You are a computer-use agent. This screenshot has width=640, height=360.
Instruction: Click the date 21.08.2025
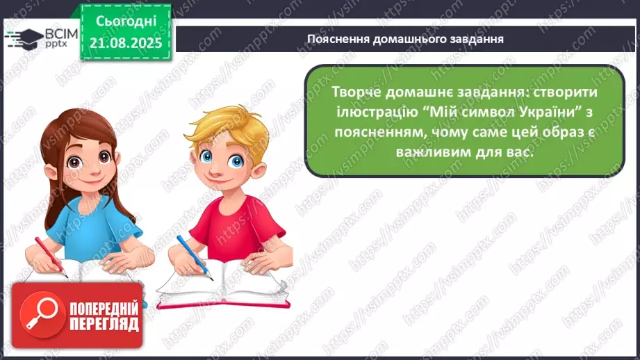coord(126,43)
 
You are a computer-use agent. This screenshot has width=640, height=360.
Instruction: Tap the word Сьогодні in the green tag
coord(126,22)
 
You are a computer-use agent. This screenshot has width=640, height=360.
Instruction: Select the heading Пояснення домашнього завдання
coord(405,39)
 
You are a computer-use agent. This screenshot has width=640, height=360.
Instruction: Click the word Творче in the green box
coord(356,92)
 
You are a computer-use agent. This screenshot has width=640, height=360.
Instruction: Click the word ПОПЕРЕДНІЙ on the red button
coord(104,309)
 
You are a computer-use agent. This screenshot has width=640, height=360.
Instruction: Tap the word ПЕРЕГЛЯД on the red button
coord(104,325)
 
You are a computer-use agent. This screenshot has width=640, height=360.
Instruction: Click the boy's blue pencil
coord(195,258)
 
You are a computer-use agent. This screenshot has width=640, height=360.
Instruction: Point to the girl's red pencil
coord(51,257)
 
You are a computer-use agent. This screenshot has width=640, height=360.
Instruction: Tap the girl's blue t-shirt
coord(92,229)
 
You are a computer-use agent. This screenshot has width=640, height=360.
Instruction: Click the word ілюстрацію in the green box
coord(377,113)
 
